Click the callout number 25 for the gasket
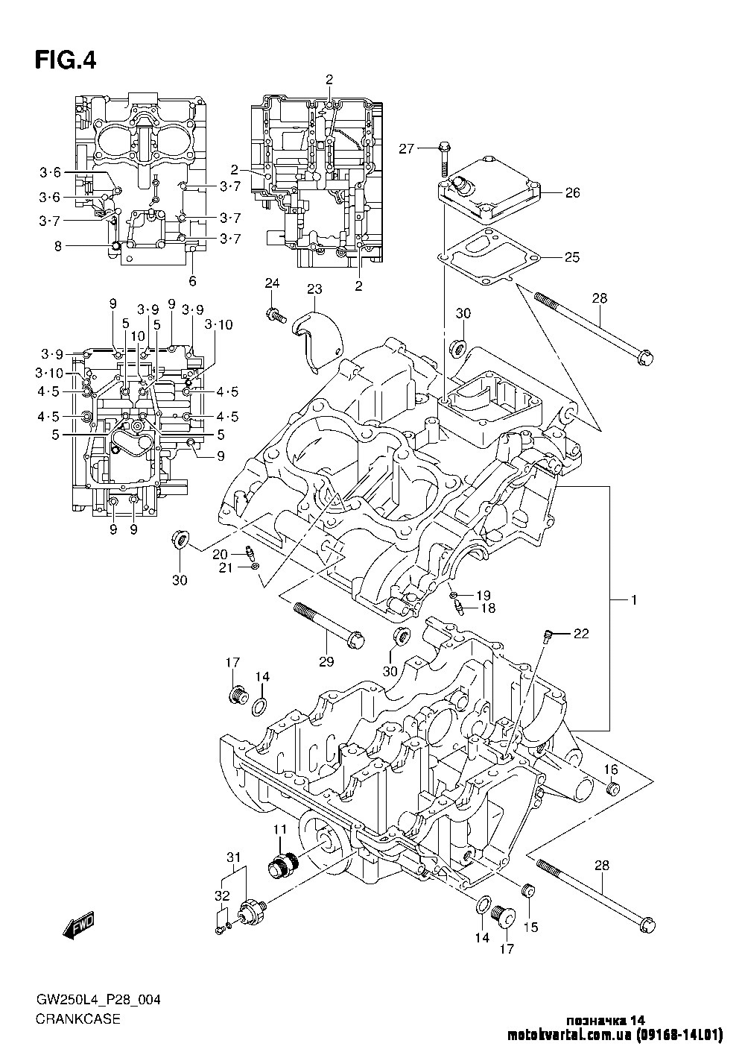pyautogui.click(x=571, y=258)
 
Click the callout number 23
pyautogui.click(x=314, y=289)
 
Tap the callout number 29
pyautogui.click(x=326, y=661)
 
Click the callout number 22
pyautogui.click(x=581, y=634)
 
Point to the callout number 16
pyautogui.click(x=610, y=770)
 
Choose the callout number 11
pyautogui.click(x=279, y=829)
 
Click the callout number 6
pyautogui.click(x=192, y=281)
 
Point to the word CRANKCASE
pyautogui.click(x=77, y=1019)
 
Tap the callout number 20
pyautogui.click(x=220, y=553)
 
